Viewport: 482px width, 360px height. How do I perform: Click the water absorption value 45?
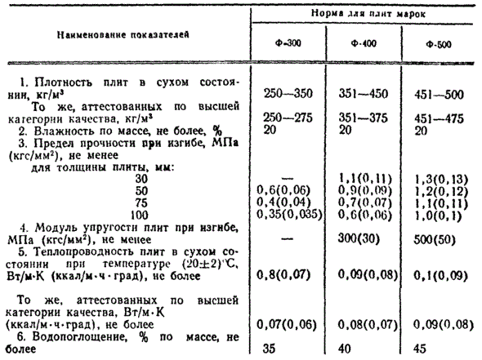[422, 347]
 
